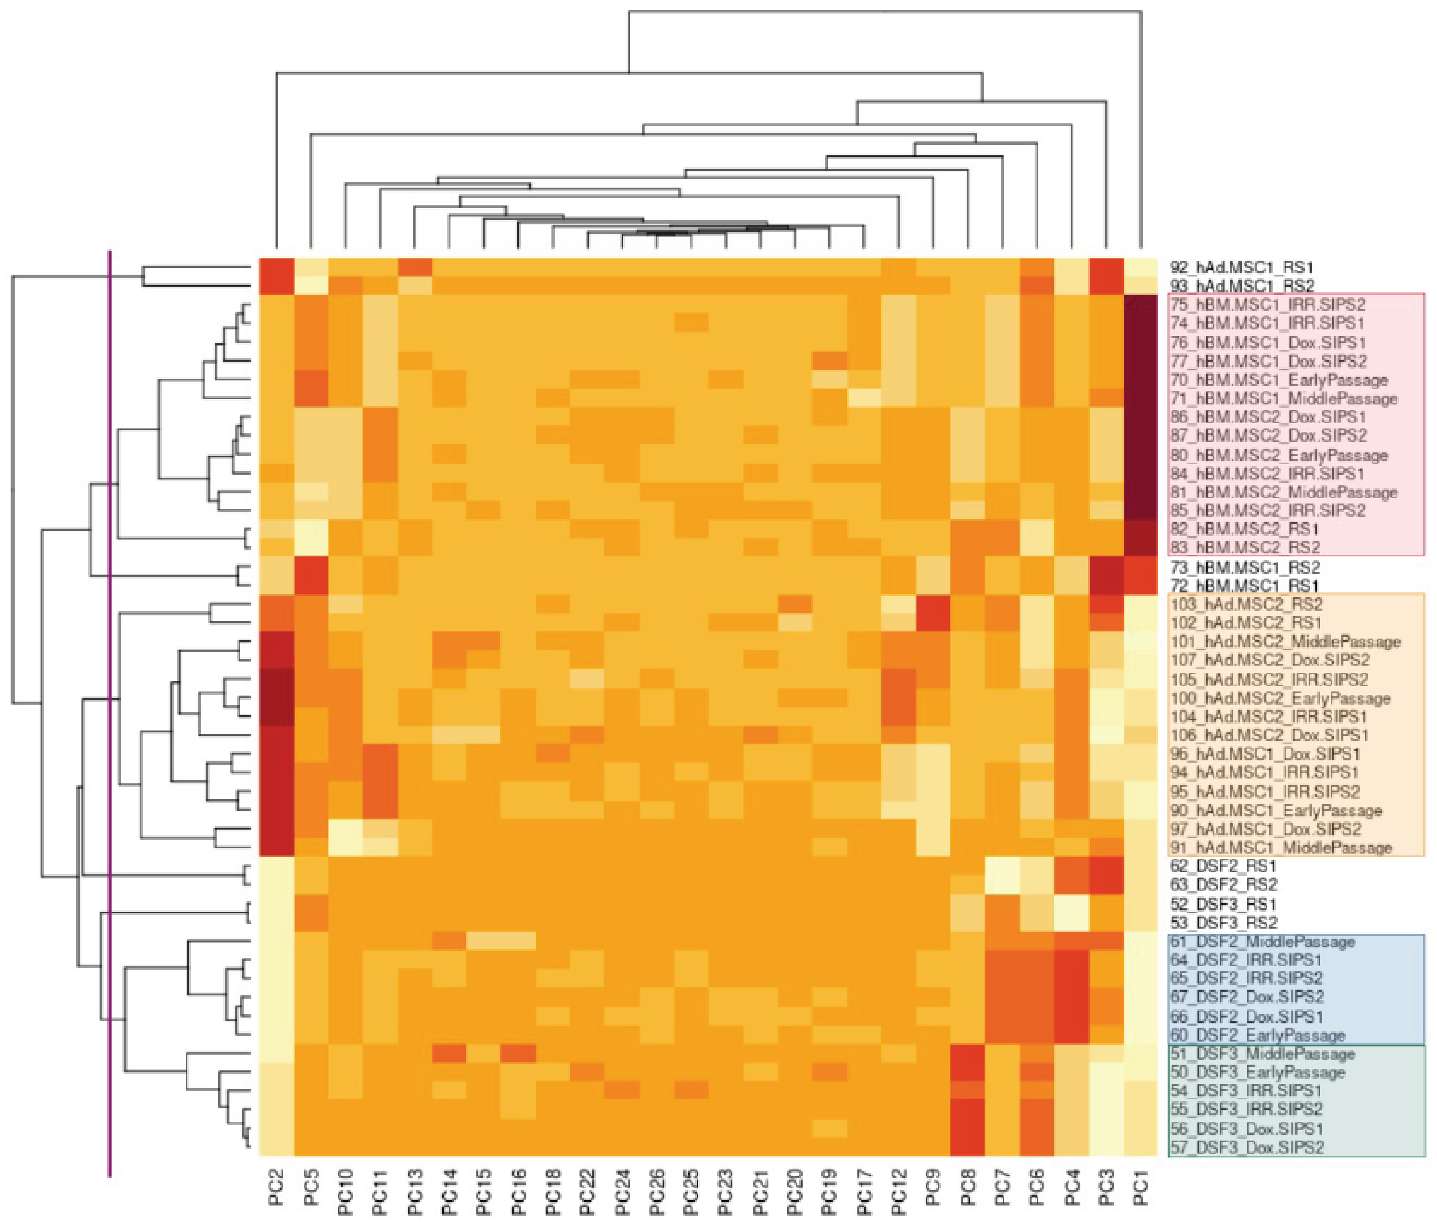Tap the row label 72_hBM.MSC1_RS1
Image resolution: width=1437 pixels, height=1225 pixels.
point(1245,585)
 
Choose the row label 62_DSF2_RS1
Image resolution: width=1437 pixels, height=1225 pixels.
point(1223,866)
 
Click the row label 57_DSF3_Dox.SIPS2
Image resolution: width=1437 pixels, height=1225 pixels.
point(1246,1147)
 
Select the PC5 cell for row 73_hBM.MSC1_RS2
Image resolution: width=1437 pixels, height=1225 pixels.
point(312,567)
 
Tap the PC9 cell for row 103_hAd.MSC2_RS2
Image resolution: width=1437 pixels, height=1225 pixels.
point(934,604)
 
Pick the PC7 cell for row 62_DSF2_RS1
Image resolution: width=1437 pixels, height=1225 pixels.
point(1003,866)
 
